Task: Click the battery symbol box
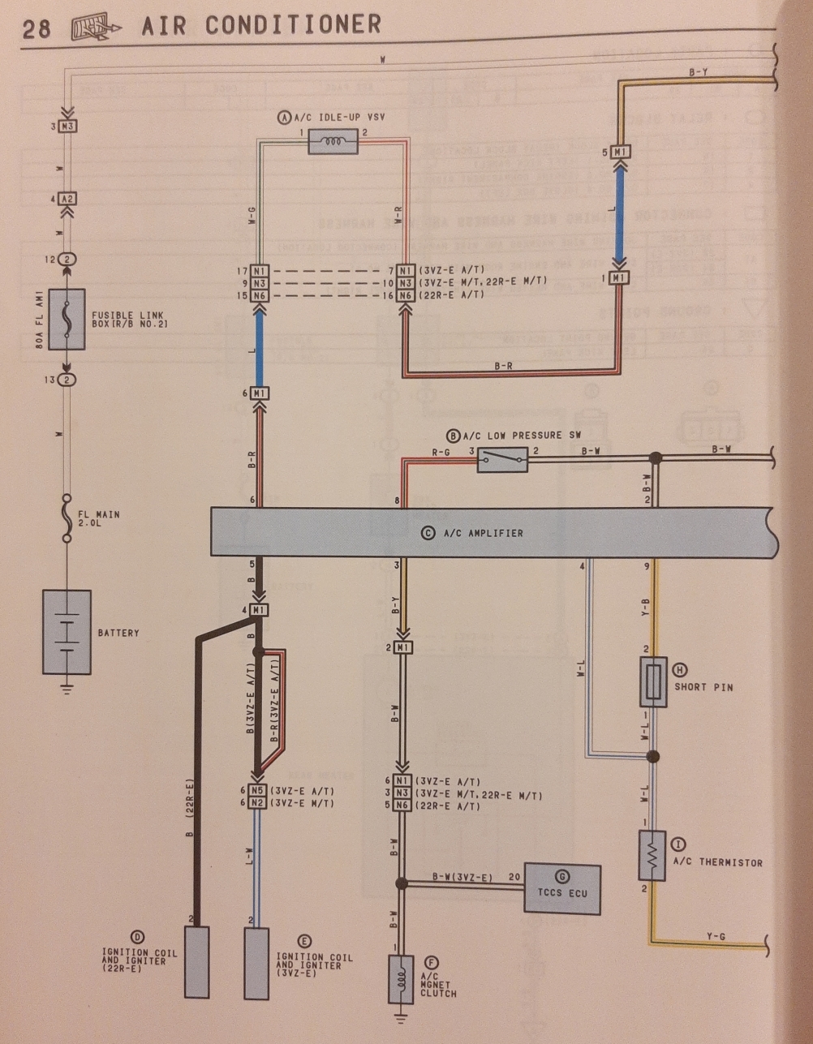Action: [67, 632]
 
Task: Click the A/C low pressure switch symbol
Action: [502, 460]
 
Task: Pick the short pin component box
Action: [653, 682]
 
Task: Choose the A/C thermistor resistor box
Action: [652, 855]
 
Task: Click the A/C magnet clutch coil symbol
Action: [401, 979]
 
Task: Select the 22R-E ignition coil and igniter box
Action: [196, 961]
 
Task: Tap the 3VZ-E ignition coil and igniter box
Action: [256, 963]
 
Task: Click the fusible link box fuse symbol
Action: [67, 319]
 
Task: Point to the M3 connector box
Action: [69, 127]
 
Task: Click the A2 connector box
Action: [69, 198]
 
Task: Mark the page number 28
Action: [36, 29]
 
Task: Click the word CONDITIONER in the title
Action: [293, 25]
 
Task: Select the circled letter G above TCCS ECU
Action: [561, 876]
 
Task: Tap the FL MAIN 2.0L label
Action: [99, 519]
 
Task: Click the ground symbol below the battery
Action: [67, 690]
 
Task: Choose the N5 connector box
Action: [257, 790]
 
